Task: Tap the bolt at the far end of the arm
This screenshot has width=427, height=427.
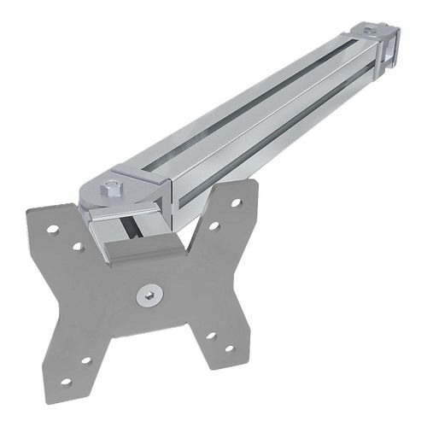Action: (x=371, y=33)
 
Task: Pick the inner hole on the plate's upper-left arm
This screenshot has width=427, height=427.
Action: (x=77, y=246)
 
